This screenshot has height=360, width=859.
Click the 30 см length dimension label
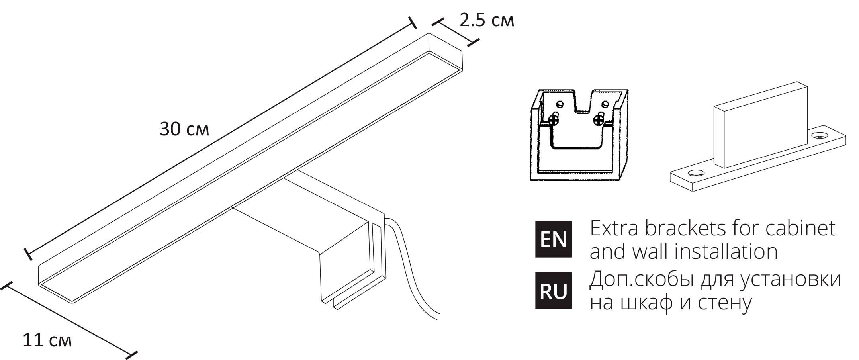pyautogui.click(x=184, y=129)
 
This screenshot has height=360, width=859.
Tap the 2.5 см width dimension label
pyautogui.click(x=487, y=20)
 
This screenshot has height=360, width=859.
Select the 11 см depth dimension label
pyautogui.click(x=47, y=340)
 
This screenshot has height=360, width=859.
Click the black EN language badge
pyautogui.click(x=554, y=239)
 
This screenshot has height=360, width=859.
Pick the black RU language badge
pyautogui.click(x=554, y=291)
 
